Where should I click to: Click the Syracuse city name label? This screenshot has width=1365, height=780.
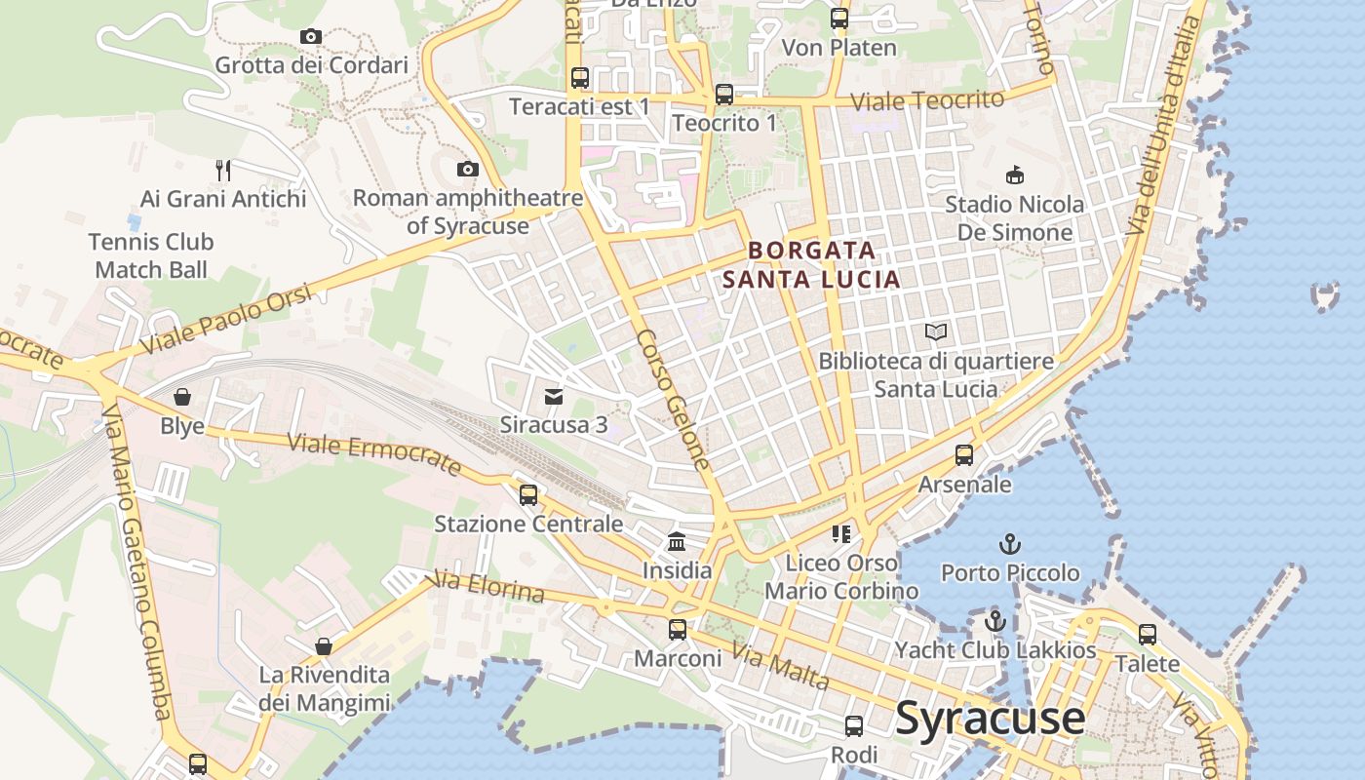pyautogui.click(x=990, y=719)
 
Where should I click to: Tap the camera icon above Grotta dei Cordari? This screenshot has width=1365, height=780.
pyautogui.click(x=311, y=37)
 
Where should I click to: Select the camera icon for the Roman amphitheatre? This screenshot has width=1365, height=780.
pyautogui.click(x=468, y=170)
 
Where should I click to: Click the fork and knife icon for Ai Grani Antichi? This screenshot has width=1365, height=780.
pyautogui.click(x=223, y=171)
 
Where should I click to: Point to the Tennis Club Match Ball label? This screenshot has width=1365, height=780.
pyautogui.click(x=151, y=255)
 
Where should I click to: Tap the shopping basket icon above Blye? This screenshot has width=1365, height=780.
pyautogui.click(x=182, y=397)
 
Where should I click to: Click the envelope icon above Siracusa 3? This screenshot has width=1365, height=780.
pyautogui.click(x=554, y=396)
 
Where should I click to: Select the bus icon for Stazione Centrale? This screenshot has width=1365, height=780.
pyautogui.click(x=528, y=495)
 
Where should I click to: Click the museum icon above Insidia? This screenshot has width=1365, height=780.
pyautogui.click(x=677, y=541)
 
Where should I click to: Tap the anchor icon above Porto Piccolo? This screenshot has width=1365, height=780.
pyautogui.click(x=1010, y=544)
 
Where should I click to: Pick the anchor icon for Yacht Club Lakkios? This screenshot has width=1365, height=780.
pyautogui.click(x=995, y=621)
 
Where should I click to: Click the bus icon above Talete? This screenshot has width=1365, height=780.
pyautogui.click(x=1148, y=635)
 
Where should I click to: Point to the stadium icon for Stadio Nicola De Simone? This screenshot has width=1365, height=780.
pyautogui.click(x=1015, y=175)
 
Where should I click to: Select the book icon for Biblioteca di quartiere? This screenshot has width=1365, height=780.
pyautogui.click(x=936, y=332)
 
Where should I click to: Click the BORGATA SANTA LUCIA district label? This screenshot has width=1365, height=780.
pyautogui.click(x=811, y=265)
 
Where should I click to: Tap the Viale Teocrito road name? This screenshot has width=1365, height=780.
pyautogui.click(x=927, y=100)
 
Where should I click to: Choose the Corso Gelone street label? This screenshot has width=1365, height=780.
pyautogui.click(x=673, y=400)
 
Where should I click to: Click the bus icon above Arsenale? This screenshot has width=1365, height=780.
pyautogui.click(x=964, y=455)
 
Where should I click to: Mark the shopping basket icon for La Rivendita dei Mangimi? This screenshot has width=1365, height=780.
pyautogui.click(x=324, y=646)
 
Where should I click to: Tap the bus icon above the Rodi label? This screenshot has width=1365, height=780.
pyautogui.click(x=854, y=726)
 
